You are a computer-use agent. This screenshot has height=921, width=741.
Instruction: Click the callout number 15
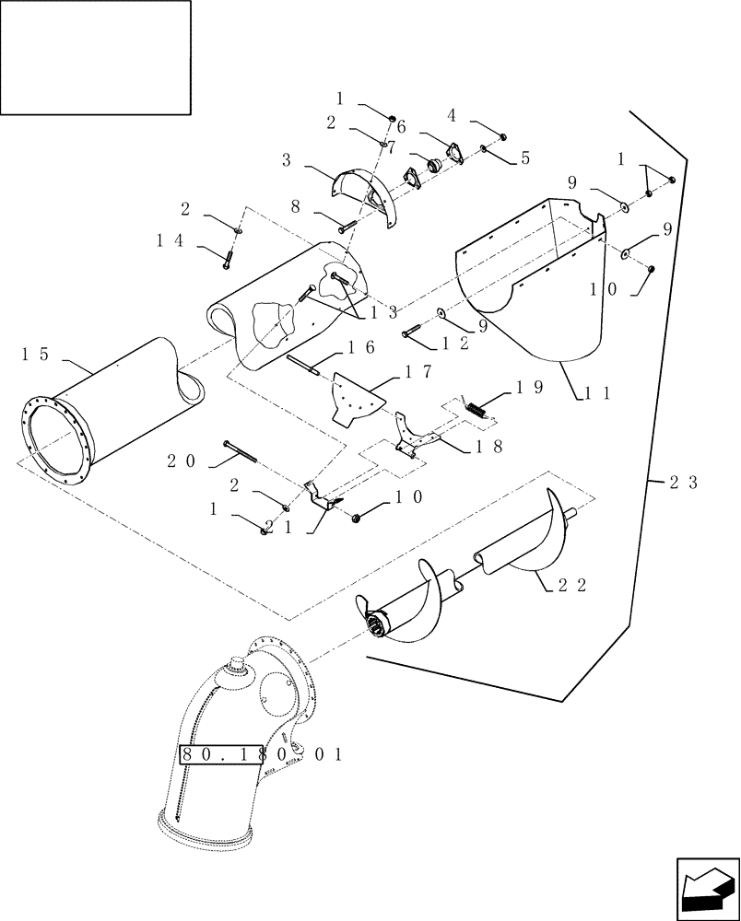coord(35,354)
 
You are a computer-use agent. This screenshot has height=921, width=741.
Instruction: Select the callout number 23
coord(685,482)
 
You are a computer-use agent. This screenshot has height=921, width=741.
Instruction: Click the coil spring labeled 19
coord(476,409)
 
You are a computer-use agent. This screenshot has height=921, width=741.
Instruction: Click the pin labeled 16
coord(301,367)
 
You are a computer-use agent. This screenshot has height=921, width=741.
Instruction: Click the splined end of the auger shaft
coord(374,627)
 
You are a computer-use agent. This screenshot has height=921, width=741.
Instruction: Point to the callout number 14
coord(171,240)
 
